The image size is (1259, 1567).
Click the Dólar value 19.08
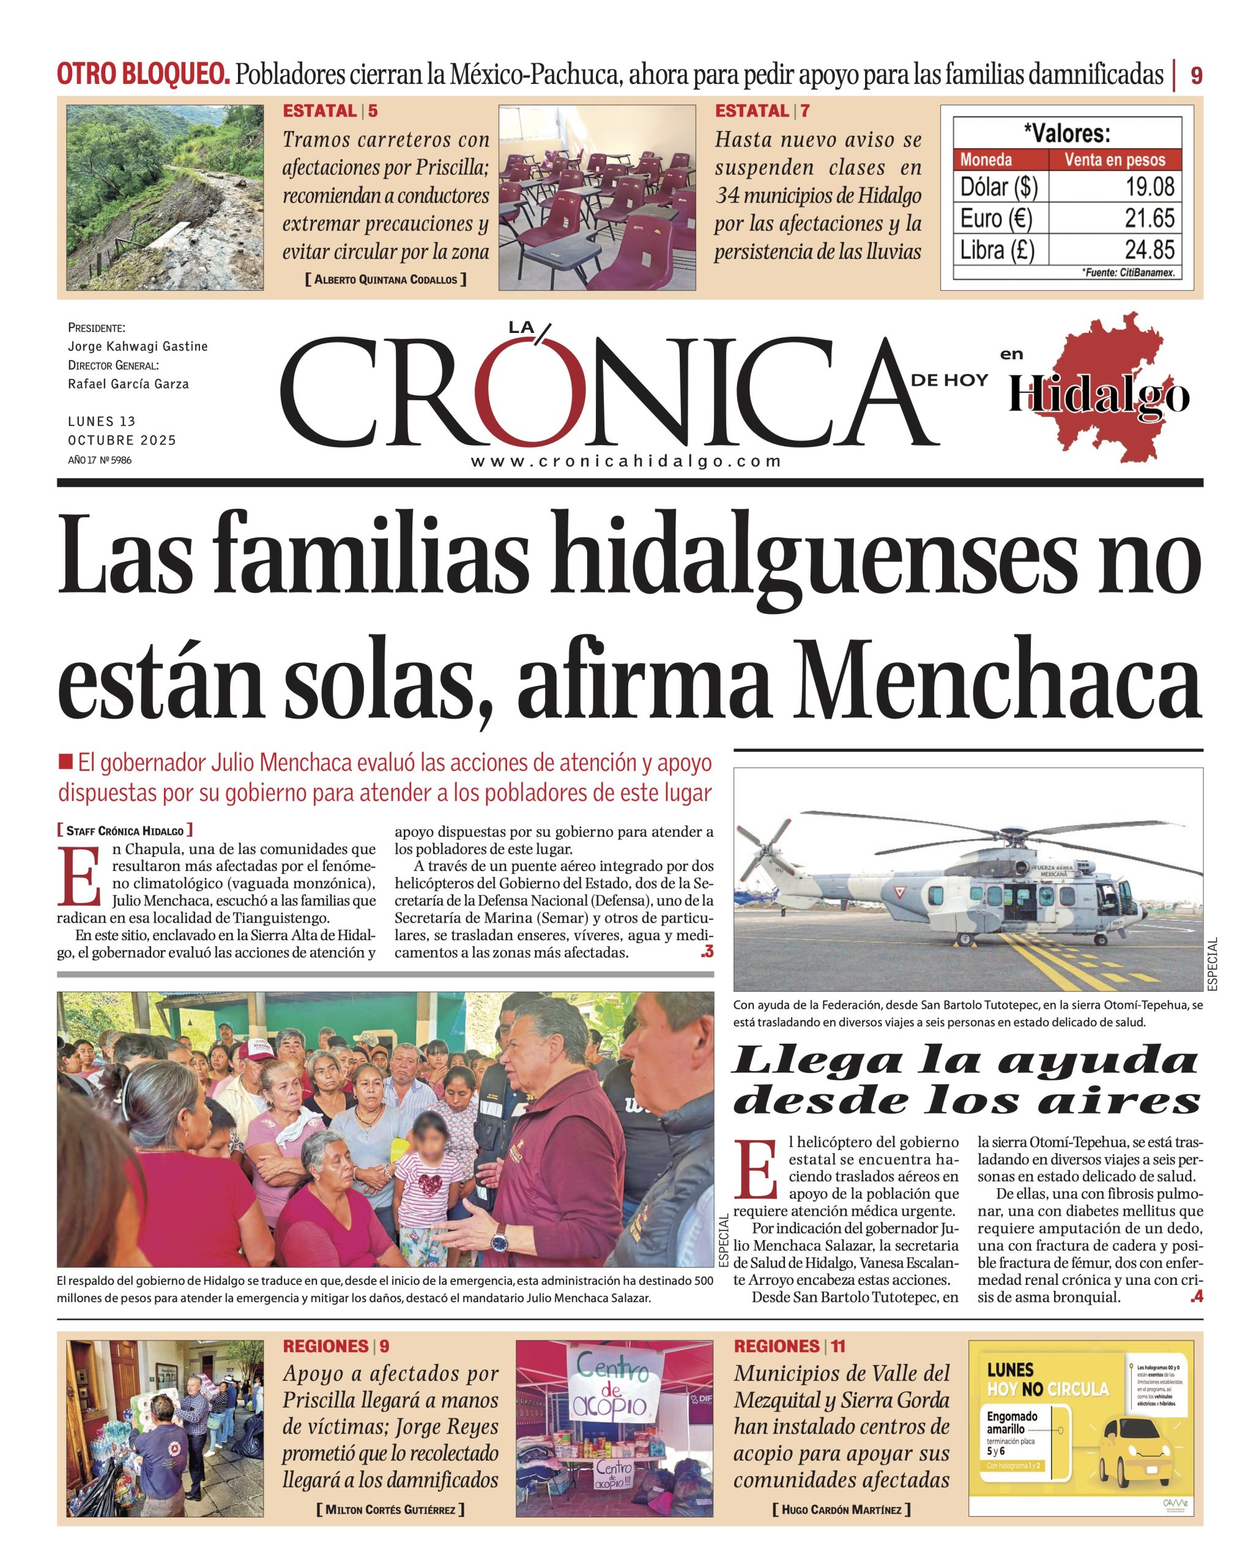pyautogui.click(x=1149, y=187)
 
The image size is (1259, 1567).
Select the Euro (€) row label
pyautogui.click(x=996, y=218)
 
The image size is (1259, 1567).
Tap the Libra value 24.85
pyautogui.click(x=1149, y=250)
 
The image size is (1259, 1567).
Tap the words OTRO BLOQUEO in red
pyautogui.click(x=143, y=74)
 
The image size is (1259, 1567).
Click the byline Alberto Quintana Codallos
pyautogui.click(x=386, y=279)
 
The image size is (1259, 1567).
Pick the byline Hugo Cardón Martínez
pyautogui.click(x=841, y=1509)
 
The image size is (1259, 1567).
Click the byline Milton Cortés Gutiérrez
pyautogui.click(x=390, y=1509)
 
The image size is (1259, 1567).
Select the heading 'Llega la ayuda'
pyautogui.click(x=965, y=1062)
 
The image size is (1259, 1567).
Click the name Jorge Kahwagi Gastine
pyautogui.click(x=137, y=346)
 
